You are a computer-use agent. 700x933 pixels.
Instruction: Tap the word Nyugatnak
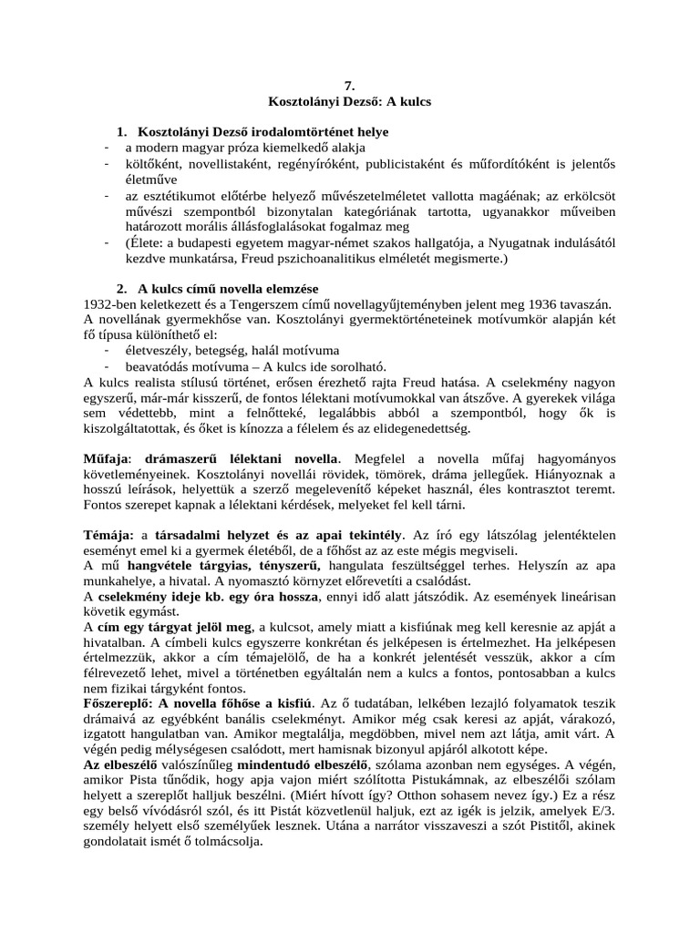pos(515,244)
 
